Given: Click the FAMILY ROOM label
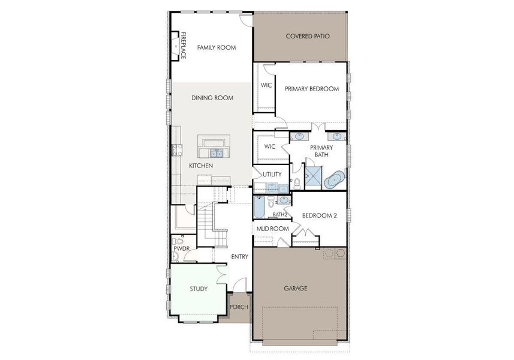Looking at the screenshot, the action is pyautogui.click(x=217, y=47).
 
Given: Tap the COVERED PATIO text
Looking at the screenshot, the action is pyautogui.click(x=308, y=36).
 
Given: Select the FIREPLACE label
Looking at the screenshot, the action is pyautogui.click(x=184, y=46).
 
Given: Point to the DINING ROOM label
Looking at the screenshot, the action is pyautogui.click(x=212, y=98).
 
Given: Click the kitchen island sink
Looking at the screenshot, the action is pyautogui.click(x=216, y=153).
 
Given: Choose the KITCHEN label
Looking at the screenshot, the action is pyautogui.click(x=201, y=166).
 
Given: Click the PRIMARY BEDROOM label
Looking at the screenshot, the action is pyautogui.click(x=312, y=89).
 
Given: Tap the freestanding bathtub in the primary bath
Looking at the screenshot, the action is pyautogui.click(x=334, y=179).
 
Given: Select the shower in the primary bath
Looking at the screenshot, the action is pyautogui.click(x=314, y=178).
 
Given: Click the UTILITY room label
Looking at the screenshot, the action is pyautogui.click(x=272, y=174).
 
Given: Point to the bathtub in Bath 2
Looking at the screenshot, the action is pyautogui.click(x=259, y=207).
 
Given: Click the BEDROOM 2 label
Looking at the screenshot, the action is pyautogui.click(x=319, y=215).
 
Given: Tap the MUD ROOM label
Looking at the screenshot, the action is pyautogui.click(x=273, y=229).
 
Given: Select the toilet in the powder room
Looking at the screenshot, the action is pyautogui.click(x=178, y=242).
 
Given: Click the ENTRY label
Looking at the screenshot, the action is pyautogui.click(x=240, y=256).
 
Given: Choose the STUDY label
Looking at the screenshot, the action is pyautogui.click(x=199, y=289).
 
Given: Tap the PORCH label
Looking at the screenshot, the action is pyautogui.click(x=239, y=307).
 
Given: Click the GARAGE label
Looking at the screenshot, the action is pyautogui.click(x=295, y=288).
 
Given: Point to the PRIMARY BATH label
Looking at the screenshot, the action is pyautogui.click(x=321, y=151).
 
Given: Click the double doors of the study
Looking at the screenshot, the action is pyautogui.click(x=221, y=275).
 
